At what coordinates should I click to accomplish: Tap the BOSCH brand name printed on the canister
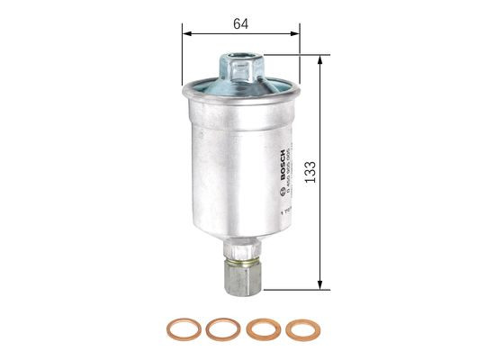(x=283, y=156)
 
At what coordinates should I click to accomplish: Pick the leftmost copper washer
(x=180, y=329)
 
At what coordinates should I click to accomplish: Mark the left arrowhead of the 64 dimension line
(x=186, y=34)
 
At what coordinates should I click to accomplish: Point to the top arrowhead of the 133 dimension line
(x=320, y=55)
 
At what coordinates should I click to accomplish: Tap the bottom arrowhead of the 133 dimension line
(x=320, y=287)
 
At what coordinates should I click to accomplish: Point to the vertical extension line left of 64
(x=183, y=54)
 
